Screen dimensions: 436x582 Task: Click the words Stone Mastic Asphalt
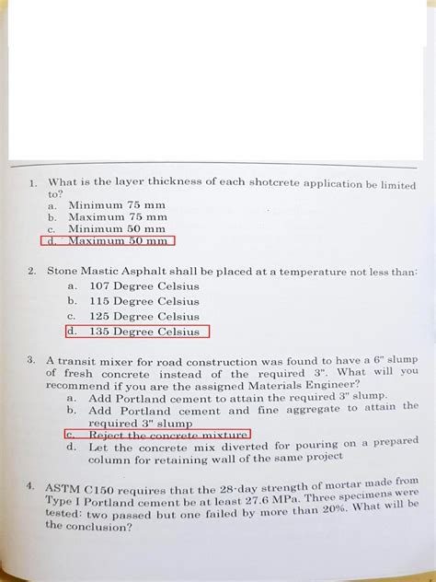click(x=104, y=272)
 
